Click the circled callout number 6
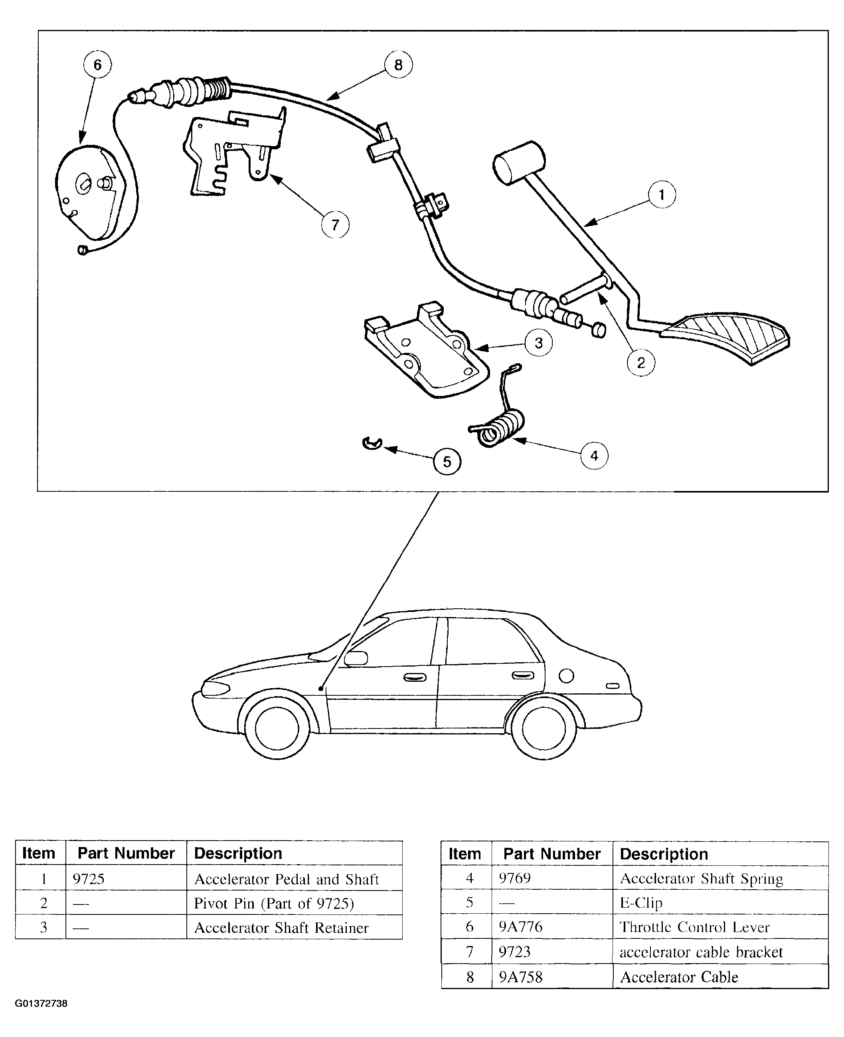(97, 65)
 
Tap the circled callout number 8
(398, 65)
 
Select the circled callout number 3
(538, 343)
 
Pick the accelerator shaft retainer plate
(425, 350)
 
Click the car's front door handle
(415, 677)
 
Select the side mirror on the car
(356, 658)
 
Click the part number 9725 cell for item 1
(89, 879)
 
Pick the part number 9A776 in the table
(520, 927)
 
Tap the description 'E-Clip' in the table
(641, 903)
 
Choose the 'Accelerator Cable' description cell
(679, 977)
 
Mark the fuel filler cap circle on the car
(566, 676)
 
